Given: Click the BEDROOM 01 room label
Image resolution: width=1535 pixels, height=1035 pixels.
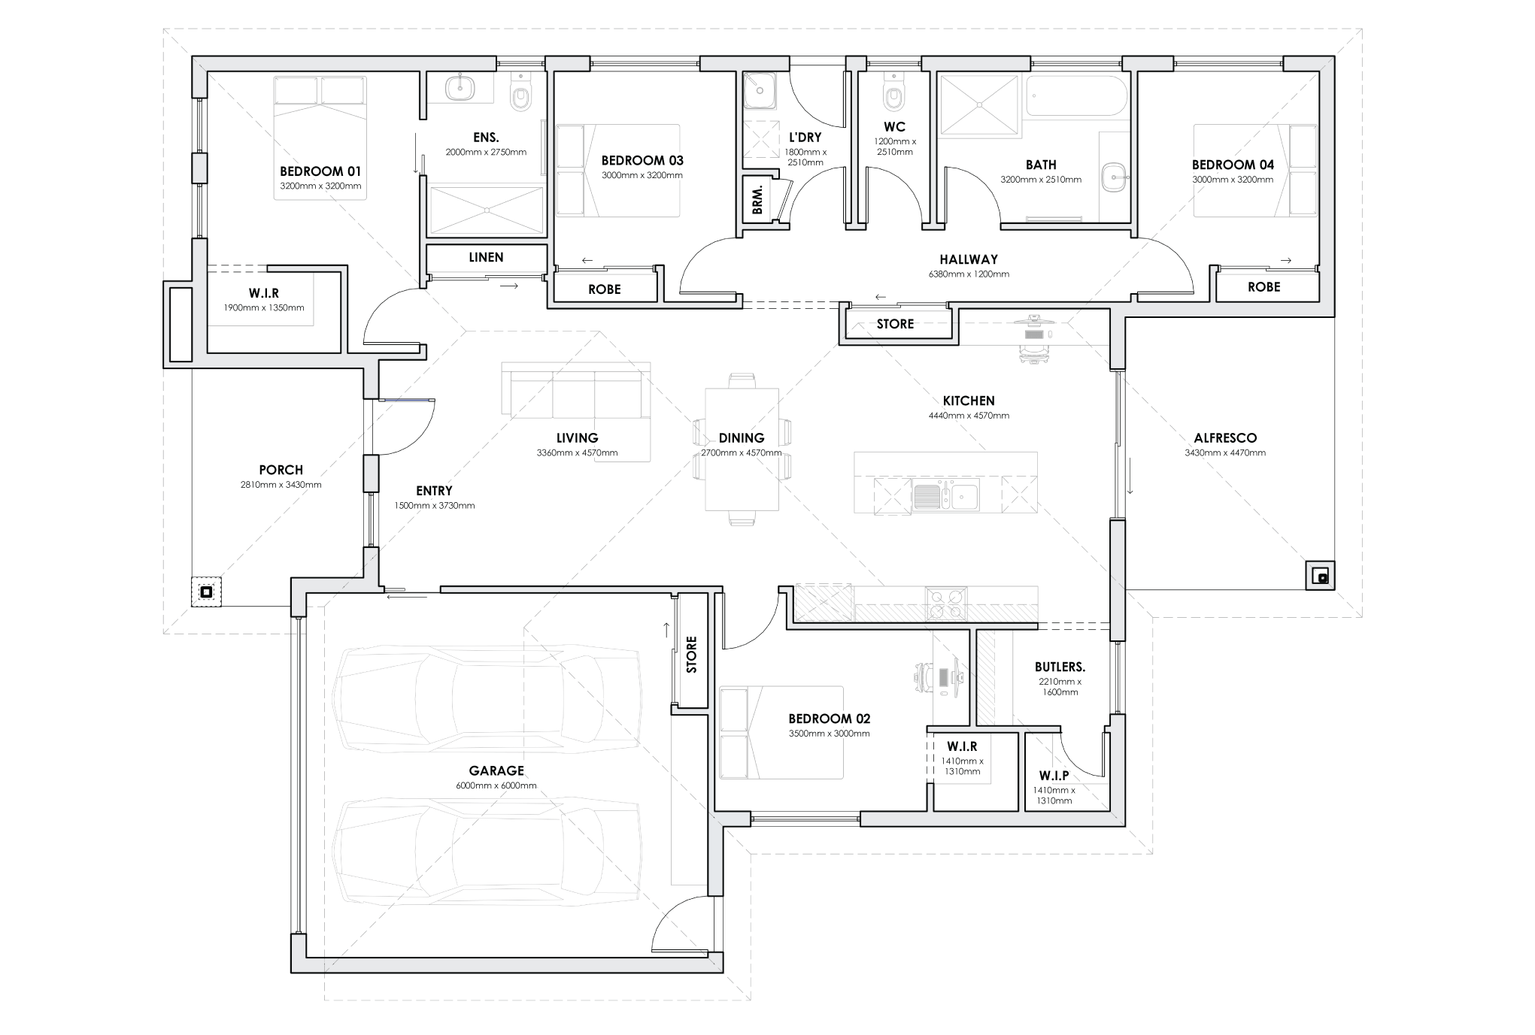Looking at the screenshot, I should (320, 171).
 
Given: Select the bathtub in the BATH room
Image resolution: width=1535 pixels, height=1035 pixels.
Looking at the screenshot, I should (1077, 95).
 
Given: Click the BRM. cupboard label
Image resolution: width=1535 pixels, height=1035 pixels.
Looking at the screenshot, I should (757, 199).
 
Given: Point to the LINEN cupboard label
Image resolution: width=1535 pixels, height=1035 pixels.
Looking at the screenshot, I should (486, 257).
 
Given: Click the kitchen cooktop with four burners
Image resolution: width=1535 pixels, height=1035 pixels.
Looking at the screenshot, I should (946, 603).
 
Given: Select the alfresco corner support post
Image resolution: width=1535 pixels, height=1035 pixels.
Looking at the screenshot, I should (1321, 577).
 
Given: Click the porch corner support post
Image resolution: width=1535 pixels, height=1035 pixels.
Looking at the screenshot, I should (206, 592).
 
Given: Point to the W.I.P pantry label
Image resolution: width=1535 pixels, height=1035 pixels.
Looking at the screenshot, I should (1054, 776).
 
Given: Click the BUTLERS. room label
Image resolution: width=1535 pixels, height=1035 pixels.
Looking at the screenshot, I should (1060, 667).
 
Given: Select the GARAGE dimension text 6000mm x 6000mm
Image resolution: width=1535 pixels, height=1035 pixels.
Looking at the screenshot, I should (496, 785).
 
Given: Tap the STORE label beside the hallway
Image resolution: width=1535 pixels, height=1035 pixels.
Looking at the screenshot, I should (895, 324).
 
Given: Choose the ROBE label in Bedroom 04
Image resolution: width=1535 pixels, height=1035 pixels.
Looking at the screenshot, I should (1263, 286).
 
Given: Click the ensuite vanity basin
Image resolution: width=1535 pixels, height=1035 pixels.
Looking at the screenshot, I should (460, 89).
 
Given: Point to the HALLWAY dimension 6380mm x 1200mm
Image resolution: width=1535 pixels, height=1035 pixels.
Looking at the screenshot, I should (969, 274).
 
